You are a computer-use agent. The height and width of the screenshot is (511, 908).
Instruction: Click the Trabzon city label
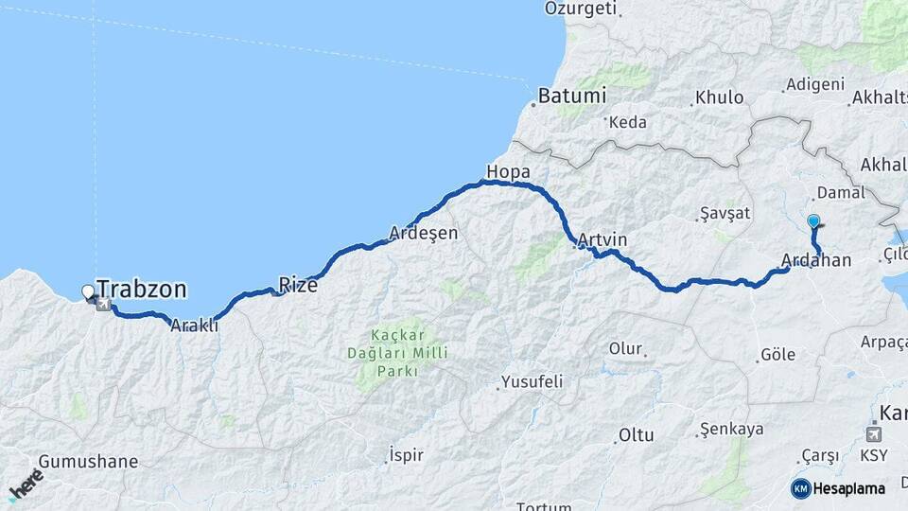[141, 290]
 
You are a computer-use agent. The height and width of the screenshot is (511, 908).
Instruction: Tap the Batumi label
[571, 97]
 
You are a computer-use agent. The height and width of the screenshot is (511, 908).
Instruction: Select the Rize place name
[298, 283]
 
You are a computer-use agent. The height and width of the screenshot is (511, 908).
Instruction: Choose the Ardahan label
[816, 260]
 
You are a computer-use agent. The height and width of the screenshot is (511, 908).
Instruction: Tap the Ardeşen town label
[424, 233]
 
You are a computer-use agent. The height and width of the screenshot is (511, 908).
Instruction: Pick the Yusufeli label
[533, 381]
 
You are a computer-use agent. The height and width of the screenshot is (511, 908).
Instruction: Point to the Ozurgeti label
[581, 9]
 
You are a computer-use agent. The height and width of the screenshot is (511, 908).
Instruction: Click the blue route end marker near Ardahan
[813, 221]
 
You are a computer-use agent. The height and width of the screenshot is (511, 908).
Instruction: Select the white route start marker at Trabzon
[89, 291]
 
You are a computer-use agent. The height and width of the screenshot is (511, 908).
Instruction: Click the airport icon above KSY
[874, 434]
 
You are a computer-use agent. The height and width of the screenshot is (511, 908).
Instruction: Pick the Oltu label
[636, 435]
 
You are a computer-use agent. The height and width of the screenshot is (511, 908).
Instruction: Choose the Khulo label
[719, 97]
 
